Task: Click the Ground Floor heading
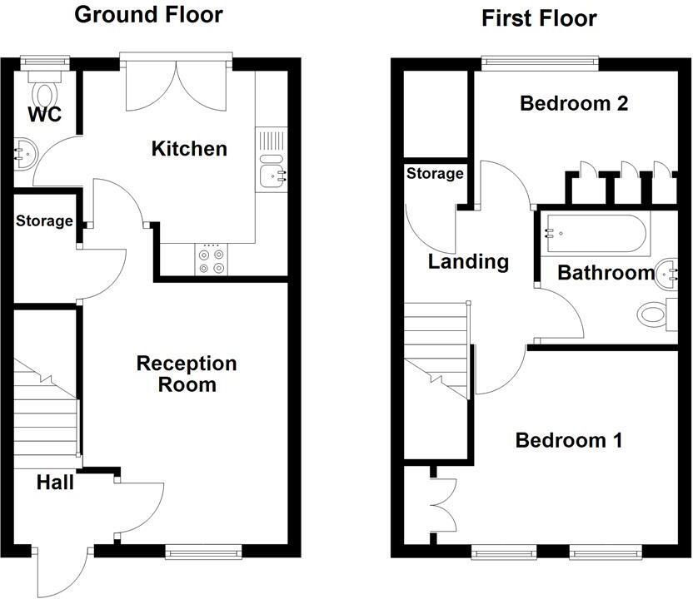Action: point(149,14)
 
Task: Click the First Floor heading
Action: point(539,18)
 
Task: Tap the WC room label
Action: point(44,115)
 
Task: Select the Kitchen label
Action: point(189,149)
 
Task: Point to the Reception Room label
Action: point(187,374)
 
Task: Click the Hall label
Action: point(55,482)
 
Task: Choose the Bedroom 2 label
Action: point(574,104)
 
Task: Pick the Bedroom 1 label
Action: point(569,440)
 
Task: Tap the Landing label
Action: point(468,262)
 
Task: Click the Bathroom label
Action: point(606,273)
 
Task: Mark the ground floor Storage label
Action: point(44,222)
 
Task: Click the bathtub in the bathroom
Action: point(596,235)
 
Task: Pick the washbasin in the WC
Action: point(22,154)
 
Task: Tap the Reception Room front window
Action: point(203,550)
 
